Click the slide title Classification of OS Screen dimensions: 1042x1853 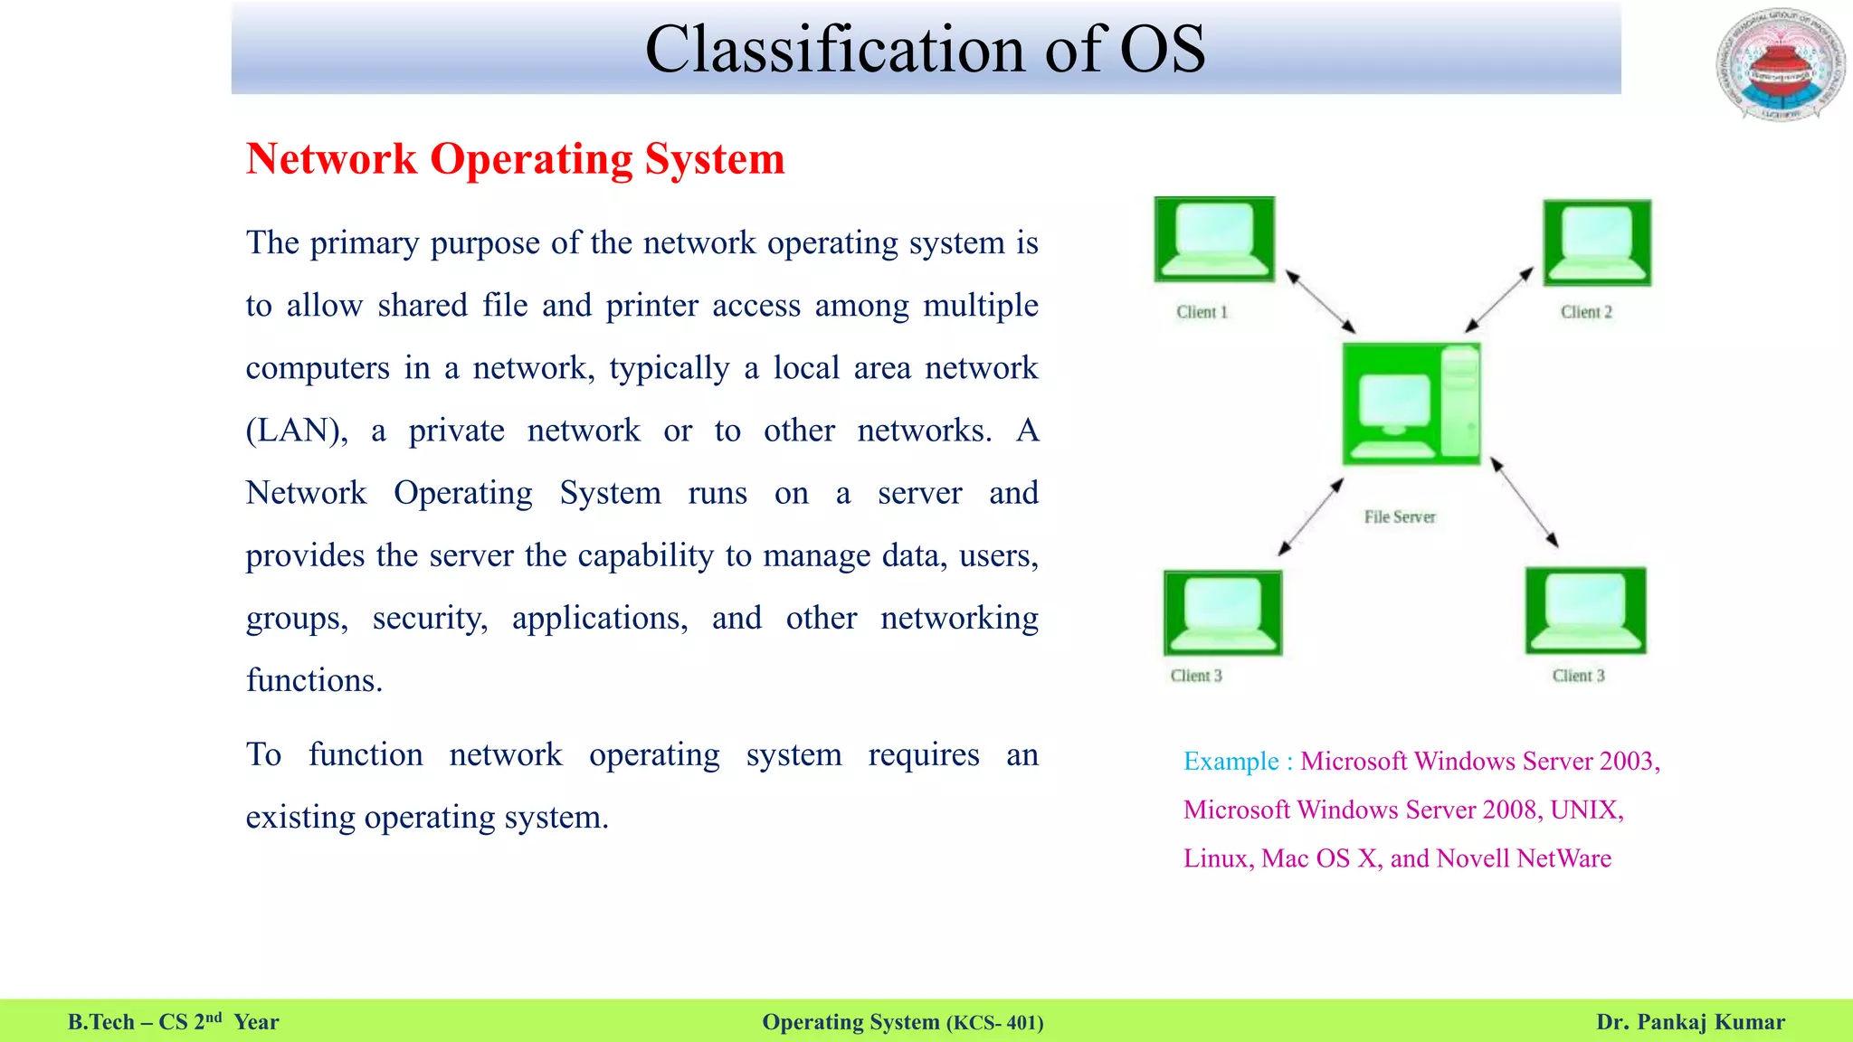(925, 49)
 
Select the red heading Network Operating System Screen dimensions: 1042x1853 (515, 159)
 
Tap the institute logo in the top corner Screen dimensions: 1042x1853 (1781, 65)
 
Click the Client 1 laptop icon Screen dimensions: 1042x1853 (1214, 240)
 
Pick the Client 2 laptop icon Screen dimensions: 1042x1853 (1597, 242)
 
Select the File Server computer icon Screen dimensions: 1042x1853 (1411, 403)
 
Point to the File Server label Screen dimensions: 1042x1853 (1400, 517)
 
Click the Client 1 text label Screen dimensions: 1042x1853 (1202, 312)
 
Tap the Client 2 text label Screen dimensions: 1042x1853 (1586, 312)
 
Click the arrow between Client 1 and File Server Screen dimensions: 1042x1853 (1321, 302)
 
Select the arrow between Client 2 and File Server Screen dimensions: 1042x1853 (1499, 299)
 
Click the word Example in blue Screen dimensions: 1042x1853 (1231, 762)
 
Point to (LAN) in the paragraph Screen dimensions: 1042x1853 (296, 431)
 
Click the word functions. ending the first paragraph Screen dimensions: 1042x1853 (314, 680)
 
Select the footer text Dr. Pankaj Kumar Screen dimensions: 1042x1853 (1690, 1022)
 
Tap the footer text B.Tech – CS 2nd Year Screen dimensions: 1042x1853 (173, 1022)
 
